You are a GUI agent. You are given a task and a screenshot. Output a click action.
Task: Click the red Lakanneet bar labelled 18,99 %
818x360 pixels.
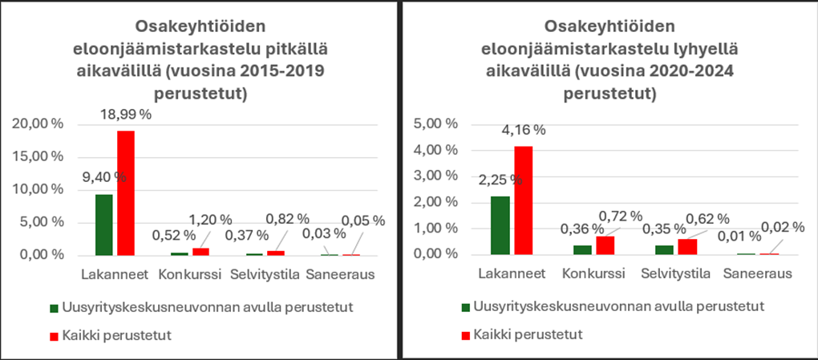point(125,192)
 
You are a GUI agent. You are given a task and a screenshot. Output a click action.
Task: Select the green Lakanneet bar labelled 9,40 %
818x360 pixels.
point(104,224)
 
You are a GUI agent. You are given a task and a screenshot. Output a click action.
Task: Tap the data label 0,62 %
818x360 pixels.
point(707,217)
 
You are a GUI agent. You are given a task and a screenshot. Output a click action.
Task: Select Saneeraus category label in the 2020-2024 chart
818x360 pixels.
point(757,274)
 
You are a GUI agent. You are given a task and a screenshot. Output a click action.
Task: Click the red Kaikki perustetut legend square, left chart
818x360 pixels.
point(55,334)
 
